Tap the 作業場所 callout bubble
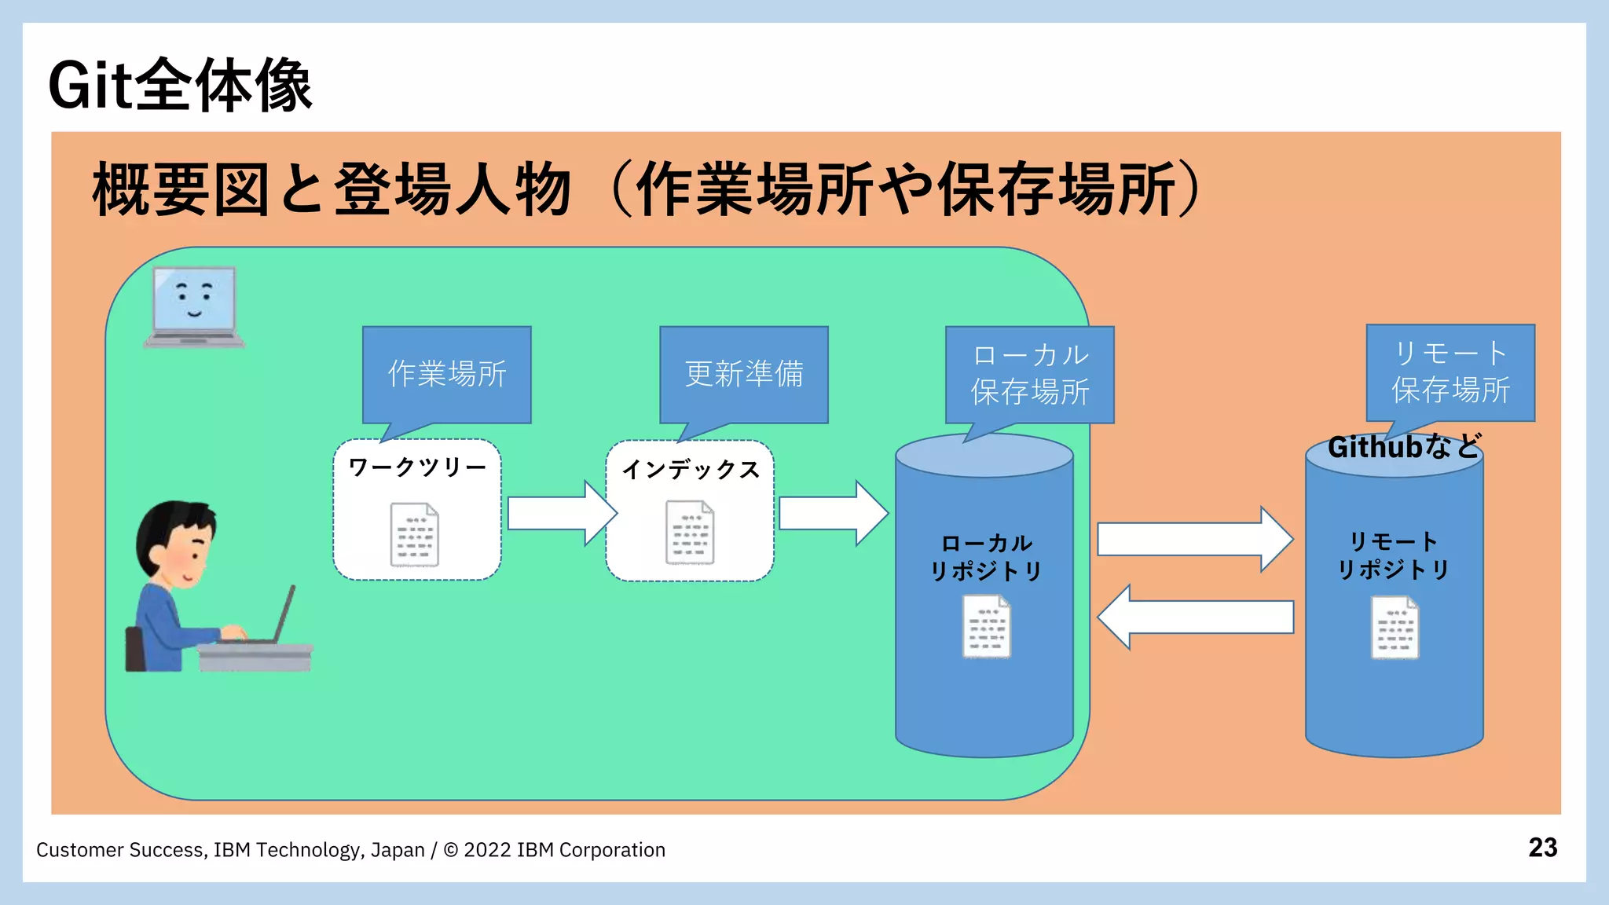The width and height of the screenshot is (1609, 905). (x=446, y=373)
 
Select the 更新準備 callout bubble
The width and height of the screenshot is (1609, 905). (x=743, y=373)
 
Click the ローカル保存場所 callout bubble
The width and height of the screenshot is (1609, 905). (x=1029, y=374)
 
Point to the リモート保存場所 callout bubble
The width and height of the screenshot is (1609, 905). (x=1450, y=372)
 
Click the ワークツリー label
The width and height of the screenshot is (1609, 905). (x=417, y=467)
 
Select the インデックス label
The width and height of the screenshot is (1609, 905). (x=691, y=470)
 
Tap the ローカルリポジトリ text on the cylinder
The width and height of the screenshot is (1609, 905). (x=986, y=557)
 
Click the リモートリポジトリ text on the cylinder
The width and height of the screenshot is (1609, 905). (x=1393, y=555)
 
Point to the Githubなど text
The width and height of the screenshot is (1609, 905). (x=1404, y=447)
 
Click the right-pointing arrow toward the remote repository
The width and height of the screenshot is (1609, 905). (x=1193, y=539)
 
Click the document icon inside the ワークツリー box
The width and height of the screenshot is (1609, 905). (x=415, y=534)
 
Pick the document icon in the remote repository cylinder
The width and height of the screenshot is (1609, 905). (x=1395, y=627)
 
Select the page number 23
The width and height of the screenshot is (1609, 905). (x=1542, y=848)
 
